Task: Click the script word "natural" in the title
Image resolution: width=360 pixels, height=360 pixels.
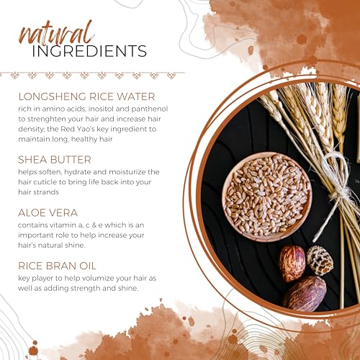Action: click(x=56, y=34)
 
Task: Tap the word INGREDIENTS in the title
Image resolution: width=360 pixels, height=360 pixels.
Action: click(x=89, y=51)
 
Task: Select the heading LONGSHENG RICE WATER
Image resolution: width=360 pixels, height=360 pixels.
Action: click(x=86, y=96)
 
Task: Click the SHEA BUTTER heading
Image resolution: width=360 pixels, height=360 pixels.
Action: click(x=55, y=160)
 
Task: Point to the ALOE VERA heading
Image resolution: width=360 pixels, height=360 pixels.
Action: click(x=48, y=213)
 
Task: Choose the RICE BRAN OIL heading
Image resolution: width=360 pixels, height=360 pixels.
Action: click(x=57, y=266)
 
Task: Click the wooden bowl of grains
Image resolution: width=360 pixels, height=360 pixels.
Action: click(x=267, y=197)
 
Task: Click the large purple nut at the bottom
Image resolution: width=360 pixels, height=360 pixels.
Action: click(x=305, y=294)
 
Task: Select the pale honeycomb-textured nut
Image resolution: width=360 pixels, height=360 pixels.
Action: click(x=320, y=260)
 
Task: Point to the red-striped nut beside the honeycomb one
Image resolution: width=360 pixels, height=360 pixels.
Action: click(x=292, y=264)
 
